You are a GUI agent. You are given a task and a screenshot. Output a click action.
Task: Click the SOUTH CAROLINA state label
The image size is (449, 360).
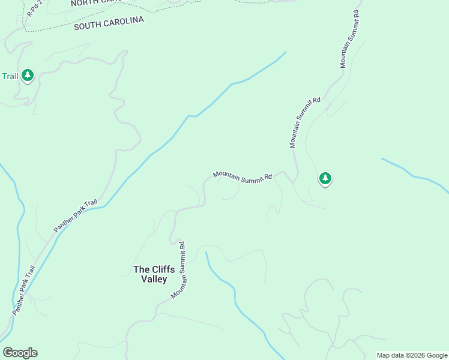[x=109, y=23]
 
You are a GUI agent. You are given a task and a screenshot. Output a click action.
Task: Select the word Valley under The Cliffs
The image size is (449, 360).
[x=154, y=279]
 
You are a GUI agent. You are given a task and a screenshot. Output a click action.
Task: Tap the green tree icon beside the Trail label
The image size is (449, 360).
[x=27, y=75]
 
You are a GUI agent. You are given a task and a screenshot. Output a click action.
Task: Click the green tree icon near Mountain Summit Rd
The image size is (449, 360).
[x=325, y=178]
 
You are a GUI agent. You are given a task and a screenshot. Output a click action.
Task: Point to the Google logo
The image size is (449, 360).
[x=20, y=353]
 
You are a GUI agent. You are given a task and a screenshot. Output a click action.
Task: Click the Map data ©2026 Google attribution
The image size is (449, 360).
[x=412, y=355]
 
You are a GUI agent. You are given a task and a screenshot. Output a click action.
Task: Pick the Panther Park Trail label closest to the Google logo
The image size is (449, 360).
[x=24, y=290]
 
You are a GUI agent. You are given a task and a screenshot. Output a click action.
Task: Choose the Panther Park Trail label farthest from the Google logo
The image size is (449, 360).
[x=75, y=216]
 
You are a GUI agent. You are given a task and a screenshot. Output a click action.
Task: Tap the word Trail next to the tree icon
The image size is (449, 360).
[x=10, y=76]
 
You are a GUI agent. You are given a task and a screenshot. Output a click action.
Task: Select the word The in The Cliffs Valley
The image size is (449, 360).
[x=140, y=269]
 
